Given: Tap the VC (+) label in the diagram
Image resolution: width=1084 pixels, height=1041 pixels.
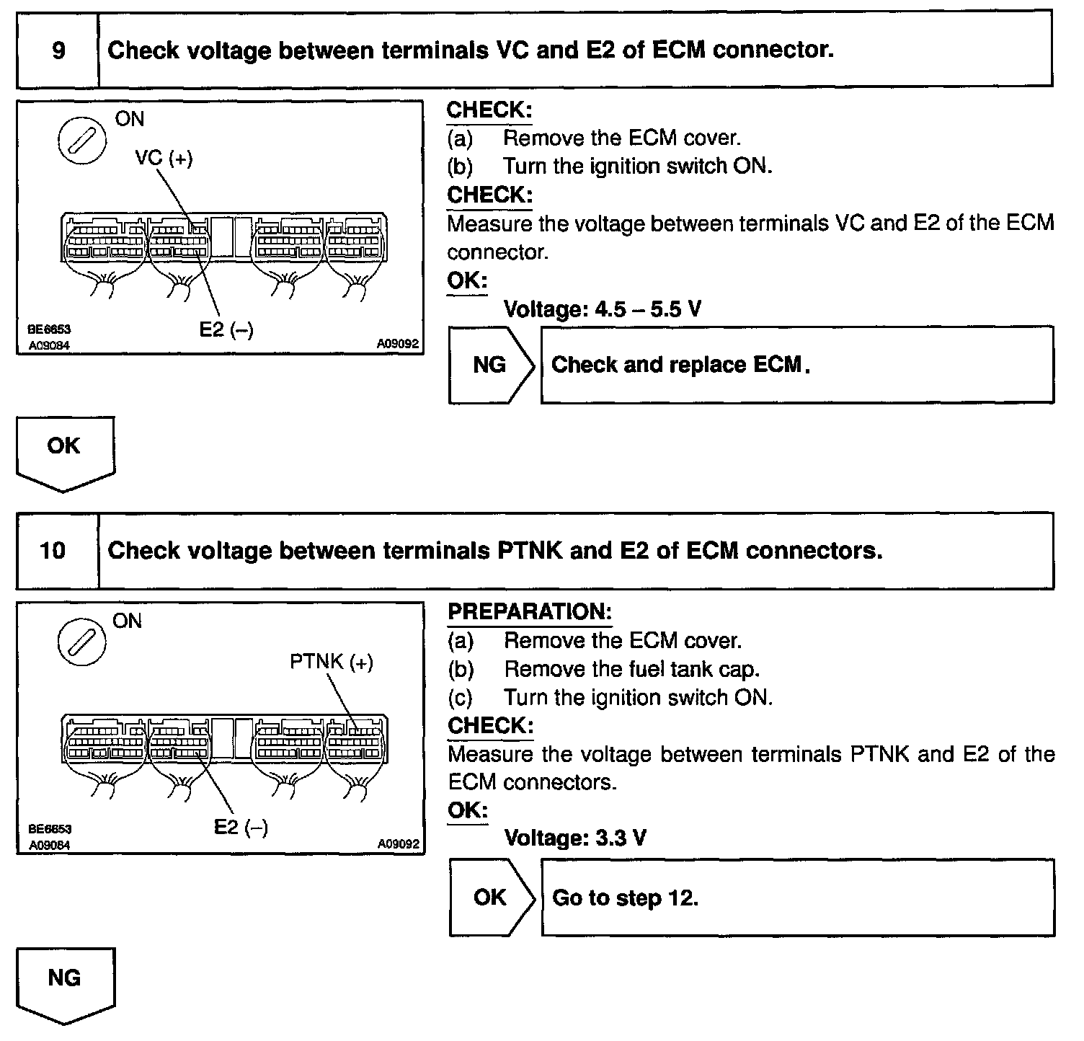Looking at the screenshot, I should click(x=164, y=158).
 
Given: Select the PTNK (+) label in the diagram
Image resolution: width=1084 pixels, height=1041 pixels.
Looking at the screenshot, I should click(x=332, y=662).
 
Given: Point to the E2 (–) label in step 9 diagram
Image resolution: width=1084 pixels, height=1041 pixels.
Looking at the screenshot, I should click(x=226, y=329).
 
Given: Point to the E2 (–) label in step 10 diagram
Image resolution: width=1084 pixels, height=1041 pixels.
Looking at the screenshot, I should click(x=241, y=827).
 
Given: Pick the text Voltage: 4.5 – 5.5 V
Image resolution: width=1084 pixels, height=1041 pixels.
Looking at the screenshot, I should click(x=602, y=309).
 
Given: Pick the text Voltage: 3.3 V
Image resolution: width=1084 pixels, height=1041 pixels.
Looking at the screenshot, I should click(x=574, y=838).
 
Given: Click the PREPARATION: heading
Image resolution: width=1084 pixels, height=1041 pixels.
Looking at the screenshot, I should click(x=530, y=612).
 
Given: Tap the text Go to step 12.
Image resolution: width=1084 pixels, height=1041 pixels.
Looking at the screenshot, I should click(x=625, y=898).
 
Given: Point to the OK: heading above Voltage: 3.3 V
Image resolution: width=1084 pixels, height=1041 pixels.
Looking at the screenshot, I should click(x=467, y=810).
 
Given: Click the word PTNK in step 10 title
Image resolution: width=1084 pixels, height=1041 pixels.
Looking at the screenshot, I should click(x=530, y=551).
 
